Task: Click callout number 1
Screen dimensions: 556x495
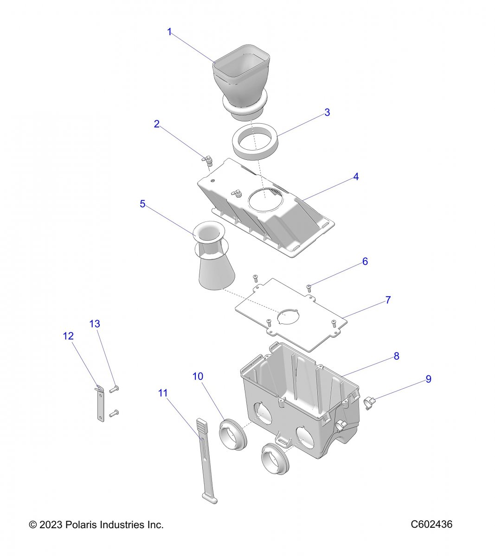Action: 169,32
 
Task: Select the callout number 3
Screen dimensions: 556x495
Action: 327,112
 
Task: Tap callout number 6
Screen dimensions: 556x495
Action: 365,261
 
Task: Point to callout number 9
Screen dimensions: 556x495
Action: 428,379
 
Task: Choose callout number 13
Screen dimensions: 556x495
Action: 95,323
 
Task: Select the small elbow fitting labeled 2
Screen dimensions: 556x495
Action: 208,160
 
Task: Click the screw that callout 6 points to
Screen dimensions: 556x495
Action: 309,287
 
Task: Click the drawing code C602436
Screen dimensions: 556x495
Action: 431,524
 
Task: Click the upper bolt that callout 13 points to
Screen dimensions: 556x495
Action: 115,389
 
